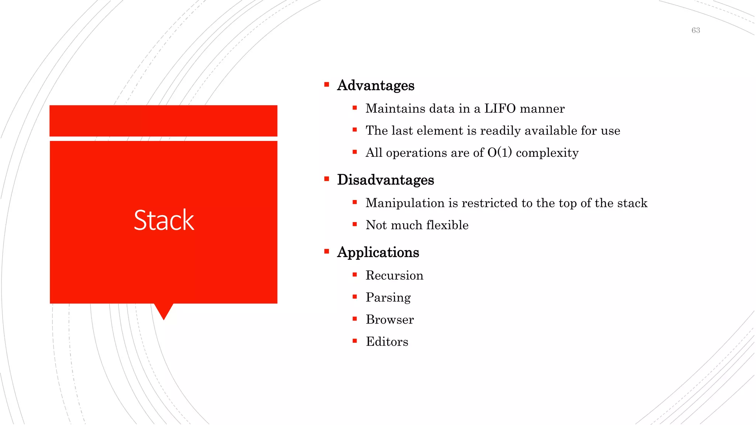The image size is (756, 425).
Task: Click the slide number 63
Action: pyautogui.click(x=695, y=30)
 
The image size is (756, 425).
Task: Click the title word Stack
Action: pyautogui.click(x=164, y=220)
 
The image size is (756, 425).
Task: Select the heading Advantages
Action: pyautogui.click(x=375, y=85)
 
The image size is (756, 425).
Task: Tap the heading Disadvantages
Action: pyautogui.click(x=385, y=180)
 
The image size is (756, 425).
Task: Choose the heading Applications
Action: pyautogui.click(x=378, y=252)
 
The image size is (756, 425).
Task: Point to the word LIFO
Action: pyautogui.click(x=500, y=108)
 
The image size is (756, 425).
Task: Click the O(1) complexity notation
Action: pyautogui.click(x=499, y=152)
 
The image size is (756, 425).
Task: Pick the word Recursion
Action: pyautogui.click(x=394, y=275)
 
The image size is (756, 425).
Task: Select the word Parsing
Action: pyautogui.click(x=388, y=297)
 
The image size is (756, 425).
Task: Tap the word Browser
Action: pyautogui.click(x=390, y=319)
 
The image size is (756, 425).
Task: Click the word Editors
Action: pyautogui.click(x=387, y=342)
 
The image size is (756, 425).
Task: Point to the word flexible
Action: pyautogui.click(x=447, y=225)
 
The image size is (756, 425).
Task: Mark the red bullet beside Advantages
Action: pyautogui.click(x=327, y=84)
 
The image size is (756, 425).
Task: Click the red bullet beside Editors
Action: pyautogui.click(x=355, y=341)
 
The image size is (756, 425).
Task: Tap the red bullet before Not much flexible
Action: pyautogui.click(x=355, y=224)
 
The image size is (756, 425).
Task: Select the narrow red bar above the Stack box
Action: pyautogui.click(x=164, y=121)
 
